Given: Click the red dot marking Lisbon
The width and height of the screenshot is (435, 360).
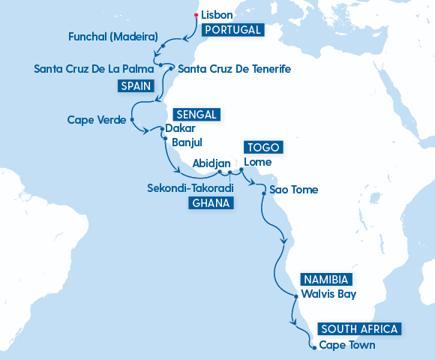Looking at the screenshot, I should point(196,15).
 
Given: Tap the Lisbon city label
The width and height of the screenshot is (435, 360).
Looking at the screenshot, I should point(217,15).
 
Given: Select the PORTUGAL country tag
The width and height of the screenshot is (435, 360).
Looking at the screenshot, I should point(232,31).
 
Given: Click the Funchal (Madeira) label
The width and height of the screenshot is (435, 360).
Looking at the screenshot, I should point(112,36).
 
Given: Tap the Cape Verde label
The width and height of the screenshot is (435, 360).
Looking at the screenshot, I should point(95,120).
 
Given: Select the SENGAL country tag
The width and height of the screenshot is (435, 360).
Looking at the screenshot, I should point(196,115).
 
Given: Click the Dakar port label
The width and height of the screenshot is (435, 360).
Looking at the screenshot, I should point(179,128).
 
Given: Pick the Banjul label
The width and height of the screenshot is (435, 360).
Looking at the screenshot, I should point(187,142).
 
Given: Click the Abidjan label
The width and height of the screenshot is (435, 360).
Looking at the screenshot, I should point(211,162).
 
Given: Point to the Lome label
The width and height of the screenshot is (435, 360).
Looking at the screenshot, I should point(257,162).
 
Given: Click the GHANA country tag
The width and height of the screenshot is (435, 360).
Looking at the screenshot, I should point(211,203).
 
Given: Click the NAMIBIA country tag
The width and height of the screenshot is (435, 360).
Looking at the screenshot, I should point(325,279).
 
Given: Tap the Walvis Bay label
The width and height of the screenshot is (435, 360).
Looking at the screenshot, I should point(328,294).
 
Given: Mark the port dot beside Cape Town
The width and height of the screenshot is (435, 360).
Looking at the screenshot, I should point(313,346).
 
